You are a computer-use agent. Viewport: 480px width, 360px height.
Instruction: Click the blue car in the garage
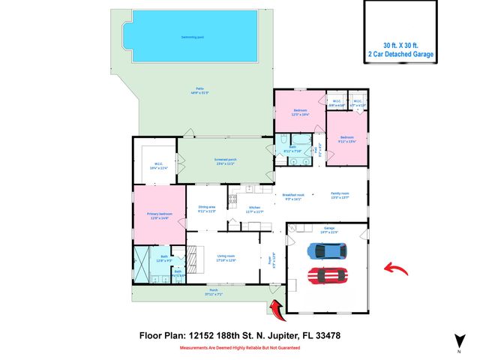pyautogui.click(x=327, y=250)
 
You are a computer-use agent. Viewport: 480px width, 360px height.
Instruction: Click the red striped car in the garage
pyautogui.click(x=327, y=276)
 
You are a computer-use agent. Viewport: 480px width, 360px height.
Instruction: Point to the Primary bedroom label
pyautogui.click(x=160, y=216)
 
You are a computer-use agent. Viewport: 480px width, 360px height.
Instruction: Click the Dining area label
pyautogui.click(x=207, y=209)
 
